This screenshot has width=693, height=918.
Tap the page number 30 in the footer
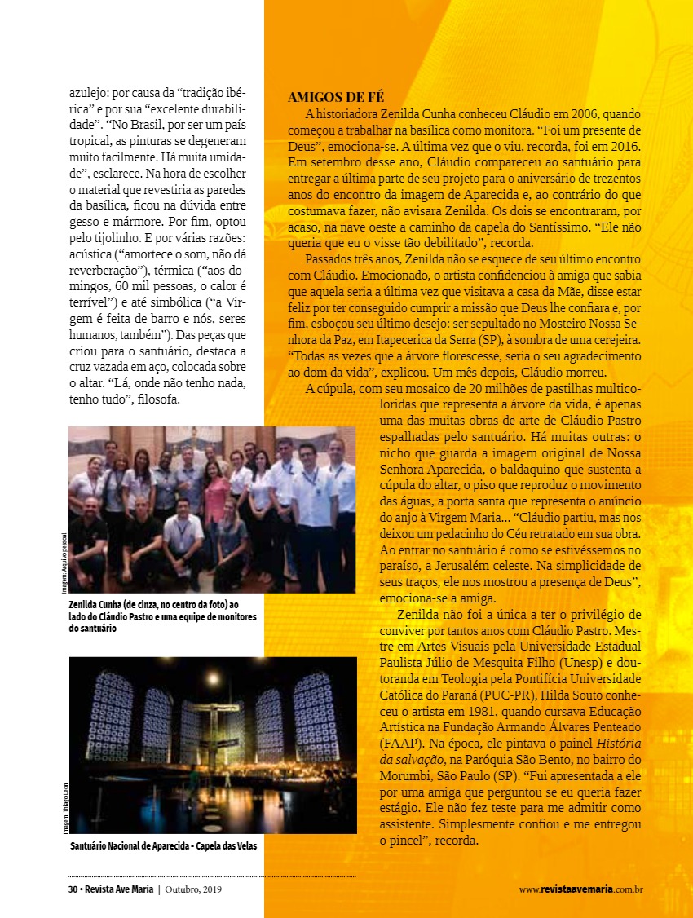click(73, 889)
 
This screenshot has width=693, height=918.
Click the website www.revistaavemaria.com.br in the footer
click(581, 889)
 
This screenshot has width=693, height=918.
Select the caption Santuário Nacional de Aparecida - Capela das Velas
click(163, 846)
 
